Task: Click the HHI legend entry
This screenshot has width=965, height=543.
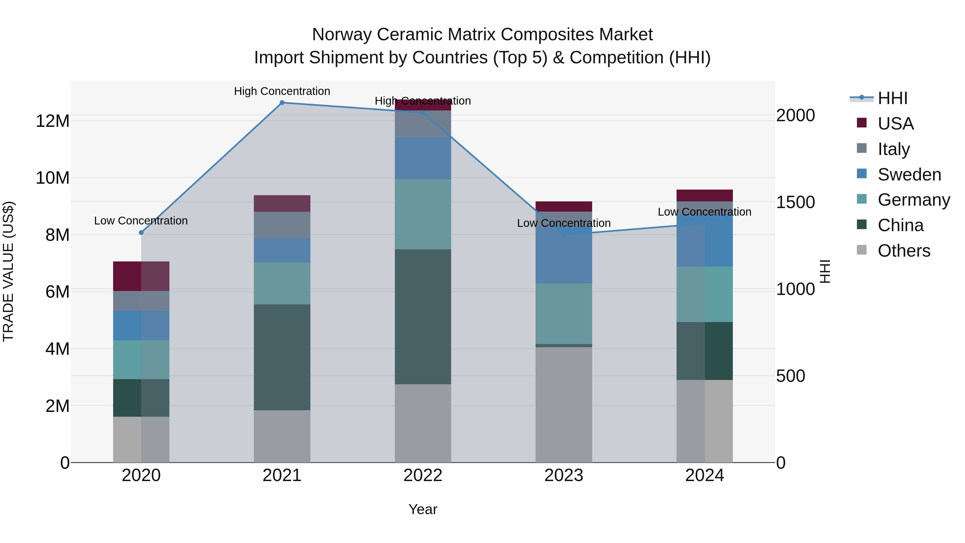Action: [892, 98]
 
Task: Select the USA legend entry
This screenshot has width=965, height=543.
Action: [895, 124]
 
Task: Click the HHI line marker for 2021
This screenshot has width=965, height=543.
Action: [282, 103]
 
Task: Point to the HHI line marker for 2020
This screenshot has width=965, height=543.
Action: [141, 233]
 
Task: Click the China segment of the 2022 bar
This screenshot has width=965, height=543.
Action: [423, 317]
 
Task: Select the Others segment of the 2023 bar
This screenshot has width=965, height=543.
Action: [564, 405]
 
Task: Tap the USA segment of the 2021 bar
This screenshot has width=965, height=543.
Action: [282, 204]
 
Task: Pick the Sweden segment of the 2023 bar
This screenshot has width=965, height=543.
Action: [564, 255]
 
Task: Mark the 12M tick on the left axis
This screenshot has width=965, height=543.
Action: [53, 121]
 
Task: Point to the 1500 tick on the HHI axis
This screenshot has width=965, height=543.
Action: [795, 202]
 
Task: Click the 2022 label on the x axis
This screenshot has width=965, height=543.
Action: [423, 475]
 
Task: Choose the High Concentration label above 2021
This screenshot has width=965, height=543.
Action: [282, 91]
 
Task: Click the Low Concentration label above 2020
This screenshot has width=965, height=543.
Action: [141, 221]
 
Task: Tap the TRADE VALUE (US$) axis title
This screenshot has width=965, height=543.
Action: [8, 271]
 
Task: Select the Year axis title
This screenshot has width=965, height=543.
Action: [423, 509]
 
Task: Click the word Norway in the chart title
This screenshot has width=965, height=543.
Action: [342, 35]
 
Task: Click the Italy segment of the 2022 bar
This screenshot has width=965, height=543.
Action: [423, 124]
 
